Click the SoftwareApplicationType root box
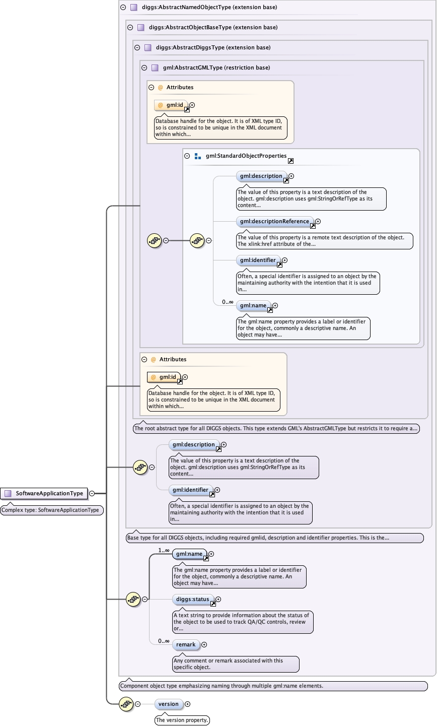point(44,493)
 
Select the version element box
point(168,704)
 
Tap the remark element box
point(186,644)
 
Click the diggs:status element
point(192,599)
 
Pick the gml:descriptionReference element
point(274,221)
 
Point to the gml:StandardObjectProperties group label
point(246,156)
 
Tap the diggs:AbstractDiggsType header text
point(213,47)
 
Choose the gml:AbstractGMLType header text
point(216,68)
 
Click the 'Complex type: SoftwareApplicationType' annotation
point(51,510)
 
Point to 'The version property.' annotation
point(182,720)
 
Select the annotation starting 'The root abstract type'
point(276,429)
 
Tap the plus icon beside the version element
point(188,704)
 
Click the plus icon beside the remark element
point(204,644)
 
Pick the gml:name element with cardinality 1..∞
point(189,554)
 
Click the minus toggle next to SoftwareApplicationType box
point(92,493)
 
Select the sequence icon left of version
point(126,704)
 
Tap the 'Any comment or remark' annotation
point(236,664)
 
